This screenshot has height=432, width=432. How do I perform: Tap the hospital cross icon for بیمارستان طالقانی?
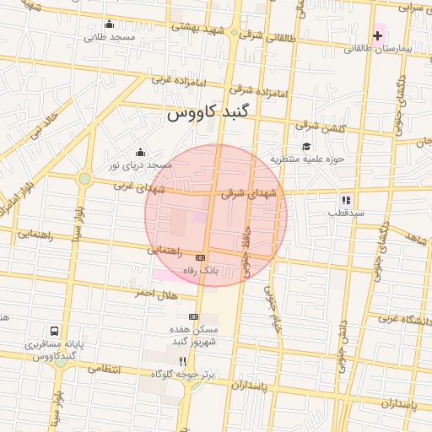(x=377, y=35)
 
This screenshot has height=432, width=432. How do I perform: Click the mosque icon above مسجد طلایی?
(x=110, y=24)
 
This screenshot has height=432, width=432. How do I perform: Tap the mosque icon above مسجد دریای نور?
(x=139, y=152)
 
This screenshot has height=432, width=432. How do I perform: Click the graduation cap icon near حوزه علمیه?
(x=305, y=147)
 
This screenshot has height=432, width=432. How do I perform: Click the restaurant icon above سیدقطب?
(x=345, y=200)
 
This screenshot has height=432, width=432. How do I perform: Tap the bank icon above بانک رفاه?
(x=200, y=257)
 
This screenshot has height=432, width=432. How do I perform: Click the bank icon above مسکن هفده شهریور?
(x=194, y=316)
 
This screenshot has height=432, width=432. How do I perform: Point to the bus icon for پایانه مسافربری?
(x=55, y=331)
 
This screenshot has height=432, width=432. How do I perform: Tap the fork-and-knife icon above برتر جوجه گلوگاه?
(x=181, y=360)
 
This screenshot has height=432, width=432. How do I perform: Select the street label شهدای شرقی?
(x=249, y=193)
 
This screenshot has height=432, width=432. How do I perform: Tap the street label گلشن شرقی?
(x=321, y=126)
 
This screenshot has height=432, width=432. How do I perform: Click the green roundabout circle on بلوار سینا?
(x=84, y=179)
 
